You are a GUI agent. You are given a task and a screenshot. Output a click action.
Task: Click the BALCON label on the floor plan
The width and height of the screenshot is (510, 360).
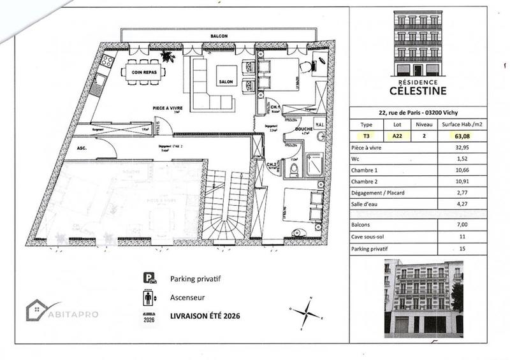(220, 37)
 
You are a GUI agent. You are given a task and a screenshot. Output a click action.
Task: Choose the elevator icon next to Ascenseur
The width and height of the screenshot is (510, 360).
(149, 298)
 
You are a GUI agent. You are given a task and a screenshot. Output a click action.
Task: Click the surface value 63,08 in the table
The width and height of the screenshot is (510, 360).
(458, 135)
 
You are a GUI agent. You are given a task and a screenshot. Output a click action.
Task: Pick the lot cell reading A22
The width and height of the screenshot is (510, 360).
(397, 135)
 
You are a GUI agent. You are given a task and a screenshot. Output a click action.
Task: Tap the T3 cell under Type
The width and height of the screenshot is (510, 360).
(366, 135)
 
